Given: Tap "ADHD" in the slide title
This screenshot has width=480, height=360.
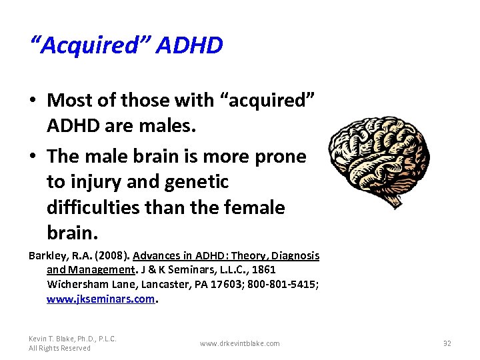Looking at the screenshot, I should coord(191,45).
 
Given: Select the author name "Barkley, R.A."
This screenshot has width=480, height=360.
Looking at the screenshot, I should coord(57,256).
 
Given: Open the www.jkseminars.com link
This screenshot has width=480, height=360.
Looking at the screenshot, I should coord(101,299).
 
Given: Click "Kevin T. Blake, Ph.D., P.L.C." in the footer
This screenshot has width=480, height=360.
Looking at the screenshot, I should coord(73,339).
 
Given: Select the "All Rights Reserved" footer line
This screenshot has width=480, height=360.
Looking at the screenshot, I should coord(59,348).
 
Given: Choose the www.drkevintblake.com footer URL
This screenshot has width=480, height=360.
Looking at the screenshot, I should coord(240,343).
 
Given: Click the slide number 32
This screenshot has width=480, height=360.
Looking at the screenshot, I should coord(447,343).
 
